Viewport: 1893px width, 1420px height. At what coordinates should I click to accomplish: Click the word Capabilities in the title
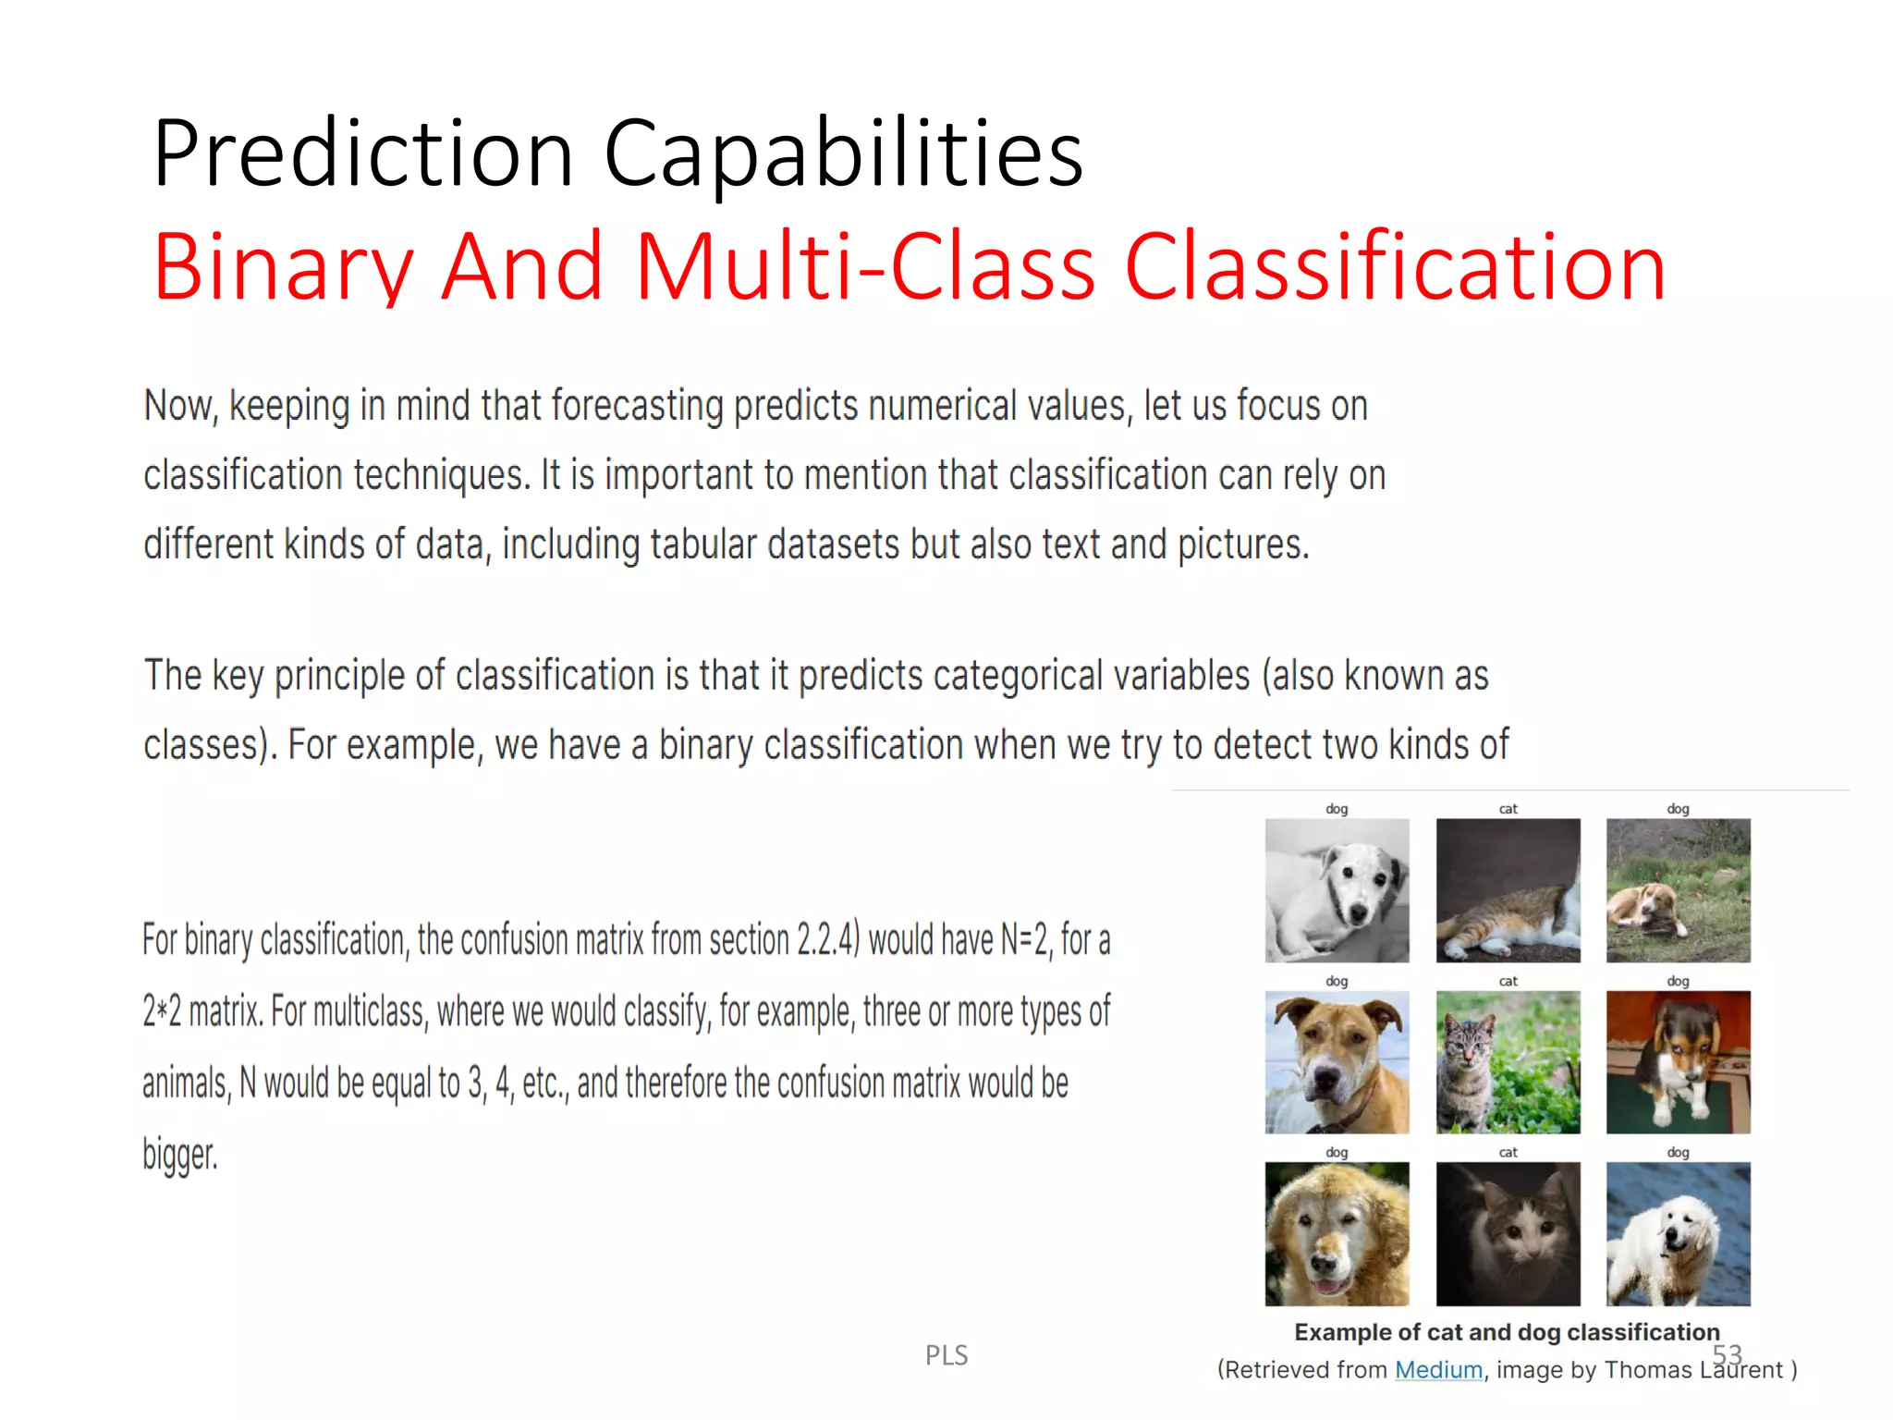pos(843,155)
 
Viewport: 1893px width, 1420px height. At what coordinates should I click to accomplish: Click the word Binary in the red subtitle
pos(283,268)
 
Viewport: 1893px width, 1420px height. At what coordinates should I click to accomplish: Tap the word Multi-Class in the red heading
pos(865,268)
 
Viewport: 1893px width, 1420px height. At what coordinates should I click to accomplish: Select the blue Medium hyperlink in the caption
pos(1438,1370)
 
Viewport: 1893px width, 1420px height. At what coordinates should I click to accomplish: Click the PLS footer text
pos(946,1355)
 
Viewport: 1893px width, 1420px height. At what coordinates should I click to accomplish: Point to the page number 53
pos(1727,1354)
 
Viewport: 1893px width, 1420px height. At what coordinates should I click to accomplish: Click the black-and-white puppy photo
pos(1337,890)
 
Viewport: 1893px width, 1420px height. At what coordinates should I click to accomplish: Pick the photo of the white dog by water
pos(1678,1234)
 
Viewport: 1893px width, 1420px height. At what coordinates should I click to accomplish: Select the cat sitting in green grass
pos(1508,1062)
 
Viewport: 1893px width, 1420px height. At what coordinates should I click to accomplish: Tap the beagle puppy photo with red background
pos(1678,1062)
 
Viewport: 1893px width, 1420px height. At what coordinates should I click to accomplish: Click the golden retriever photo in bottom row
pos(1337,1234)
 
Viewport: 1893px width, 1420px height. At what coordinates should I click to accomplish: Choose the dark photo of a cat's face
pos(1508,1234)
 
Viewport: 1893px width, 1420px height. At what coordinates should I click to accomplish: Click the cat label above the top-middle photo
pos(1508,809)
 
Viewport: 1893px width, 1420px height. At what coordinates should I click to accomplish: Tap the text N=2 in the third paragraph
pos(1025,941)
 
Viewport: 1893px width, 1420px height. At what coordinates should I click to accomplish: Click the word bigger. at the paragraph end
pos(180,1156)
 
